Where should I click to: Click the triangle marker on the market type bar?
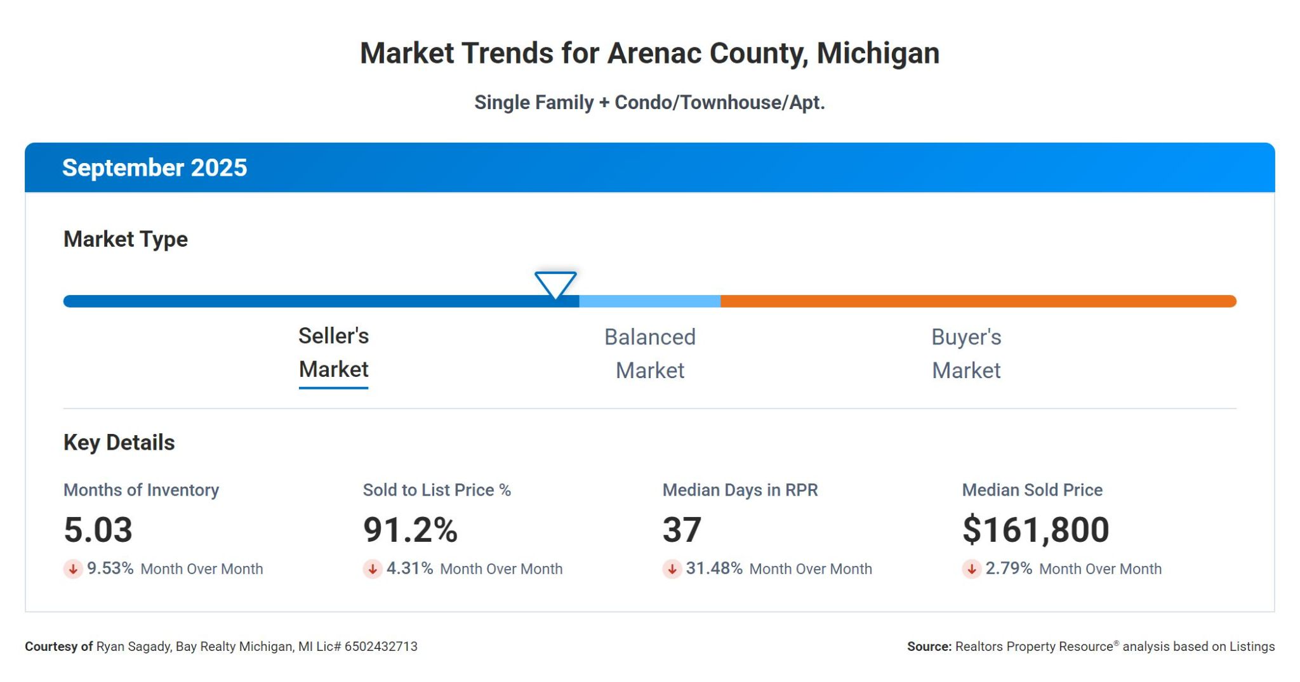555,284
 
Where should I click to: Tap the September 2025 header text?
154,168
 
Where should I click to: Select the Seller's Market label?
333,353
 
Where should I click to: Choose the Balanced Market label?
649,353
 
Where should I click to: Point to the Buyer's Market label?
966,353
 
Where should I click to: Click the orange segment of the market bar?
978,301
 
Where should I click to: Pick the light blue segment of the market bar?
649,301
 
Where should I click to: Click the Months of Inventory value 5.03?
98,530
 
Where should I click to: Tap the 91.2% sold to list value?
410,530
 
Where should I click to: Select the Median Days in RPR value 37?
682,530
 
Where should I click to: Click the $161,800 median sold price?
1035,530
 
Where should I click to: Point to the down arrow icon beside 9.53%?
73,569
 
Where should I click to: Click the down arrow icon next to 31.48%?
672,569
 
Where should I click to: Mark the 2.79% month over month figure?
1009,568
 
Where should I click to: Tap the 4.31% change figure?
409,568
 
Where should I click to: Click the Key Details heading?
119,443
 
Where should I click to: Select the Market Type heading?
126,239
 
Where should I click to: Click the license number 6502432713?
381,646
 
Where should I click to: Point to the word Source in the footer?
929,646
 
